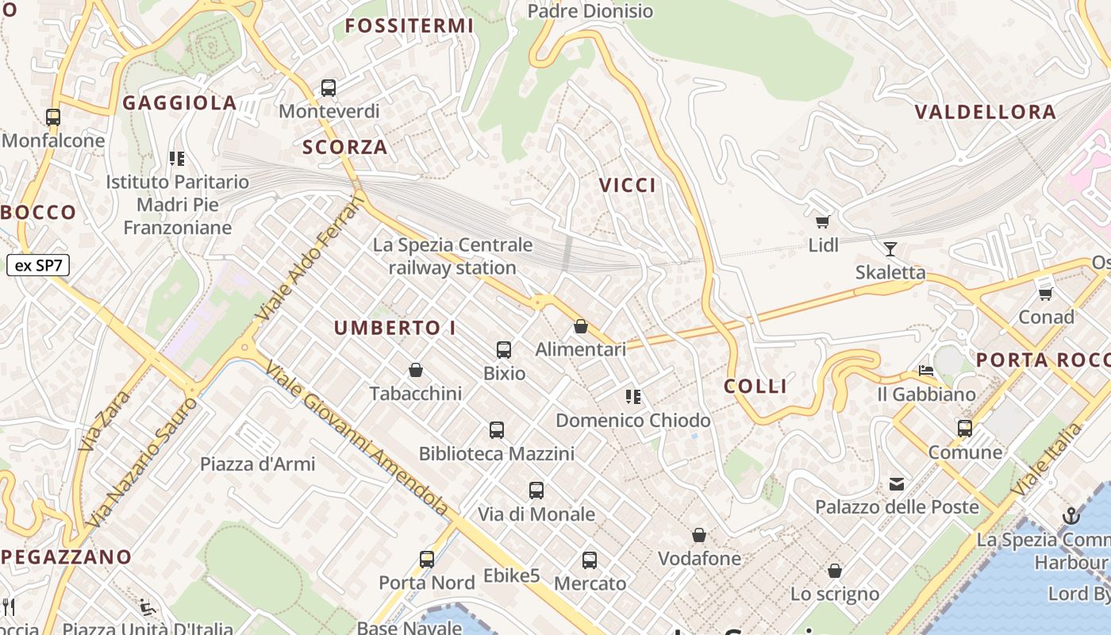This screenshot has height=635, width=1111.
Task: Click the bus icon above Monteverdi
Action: point(329,88)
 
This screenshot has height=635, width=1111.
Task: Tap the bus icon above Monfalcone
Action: point(53,117)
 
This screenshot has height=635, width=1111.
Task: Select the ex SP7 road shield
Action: point(38,265)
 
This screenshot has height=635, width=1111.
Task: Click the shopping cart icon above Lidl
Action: point(823,222)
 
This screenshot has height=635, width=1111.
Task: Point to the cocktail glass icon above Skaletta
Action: point(890,249)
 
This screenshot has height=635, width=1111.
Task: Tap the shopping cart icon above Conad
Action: point(1046,294)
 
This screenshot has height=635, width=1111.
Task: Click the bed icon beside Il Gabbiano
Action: point(926,370)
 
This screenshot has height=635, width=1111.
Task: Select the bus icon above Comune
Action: point(965,429)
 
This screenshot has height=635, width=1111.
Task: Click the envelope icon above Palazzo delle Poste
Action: point(897,483)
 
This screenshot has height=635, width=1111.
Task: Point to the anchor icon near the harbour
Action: point(1071,516)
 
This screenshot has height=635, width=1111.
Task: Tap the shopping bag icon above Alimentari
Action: point(581,326)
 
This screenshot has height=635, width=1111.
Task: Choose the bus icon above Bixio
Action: point(504,350)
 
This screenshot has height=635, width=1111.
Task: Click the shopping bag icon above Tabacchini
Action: point(416,370)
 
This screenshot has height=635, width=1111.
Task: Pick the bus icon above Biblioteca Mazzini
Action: point(497,430)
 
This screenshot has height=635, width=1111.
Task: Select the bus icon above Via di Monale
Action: point(536,491)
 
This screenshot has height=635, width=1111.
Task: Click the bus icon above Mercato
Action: point(590,560)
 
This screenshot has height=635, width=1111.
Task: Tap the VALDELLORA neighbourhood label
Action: point(986,112)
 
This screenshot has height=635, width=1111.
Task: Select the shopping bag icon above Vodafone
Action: point(699,536)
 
